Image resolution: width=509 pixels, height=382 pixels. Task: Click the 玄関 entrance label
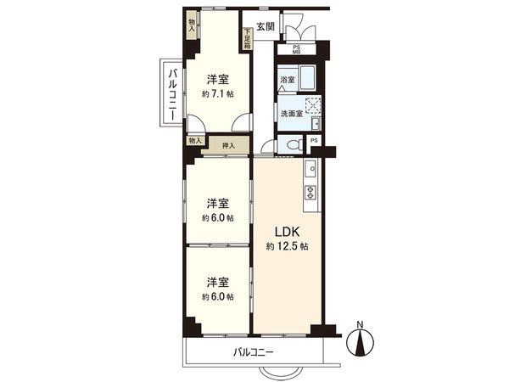[265, 27]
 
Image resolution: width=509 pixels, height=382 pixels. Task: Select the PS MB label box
[296, 49]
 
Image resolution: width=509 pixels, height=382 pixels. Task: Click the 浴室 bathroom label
[287, 81]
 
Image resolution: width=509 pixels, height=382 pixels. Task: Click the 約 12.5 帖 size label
[285, 246]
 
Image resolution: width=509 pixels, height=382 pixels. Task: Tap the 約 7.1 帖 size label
[218, 95]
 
